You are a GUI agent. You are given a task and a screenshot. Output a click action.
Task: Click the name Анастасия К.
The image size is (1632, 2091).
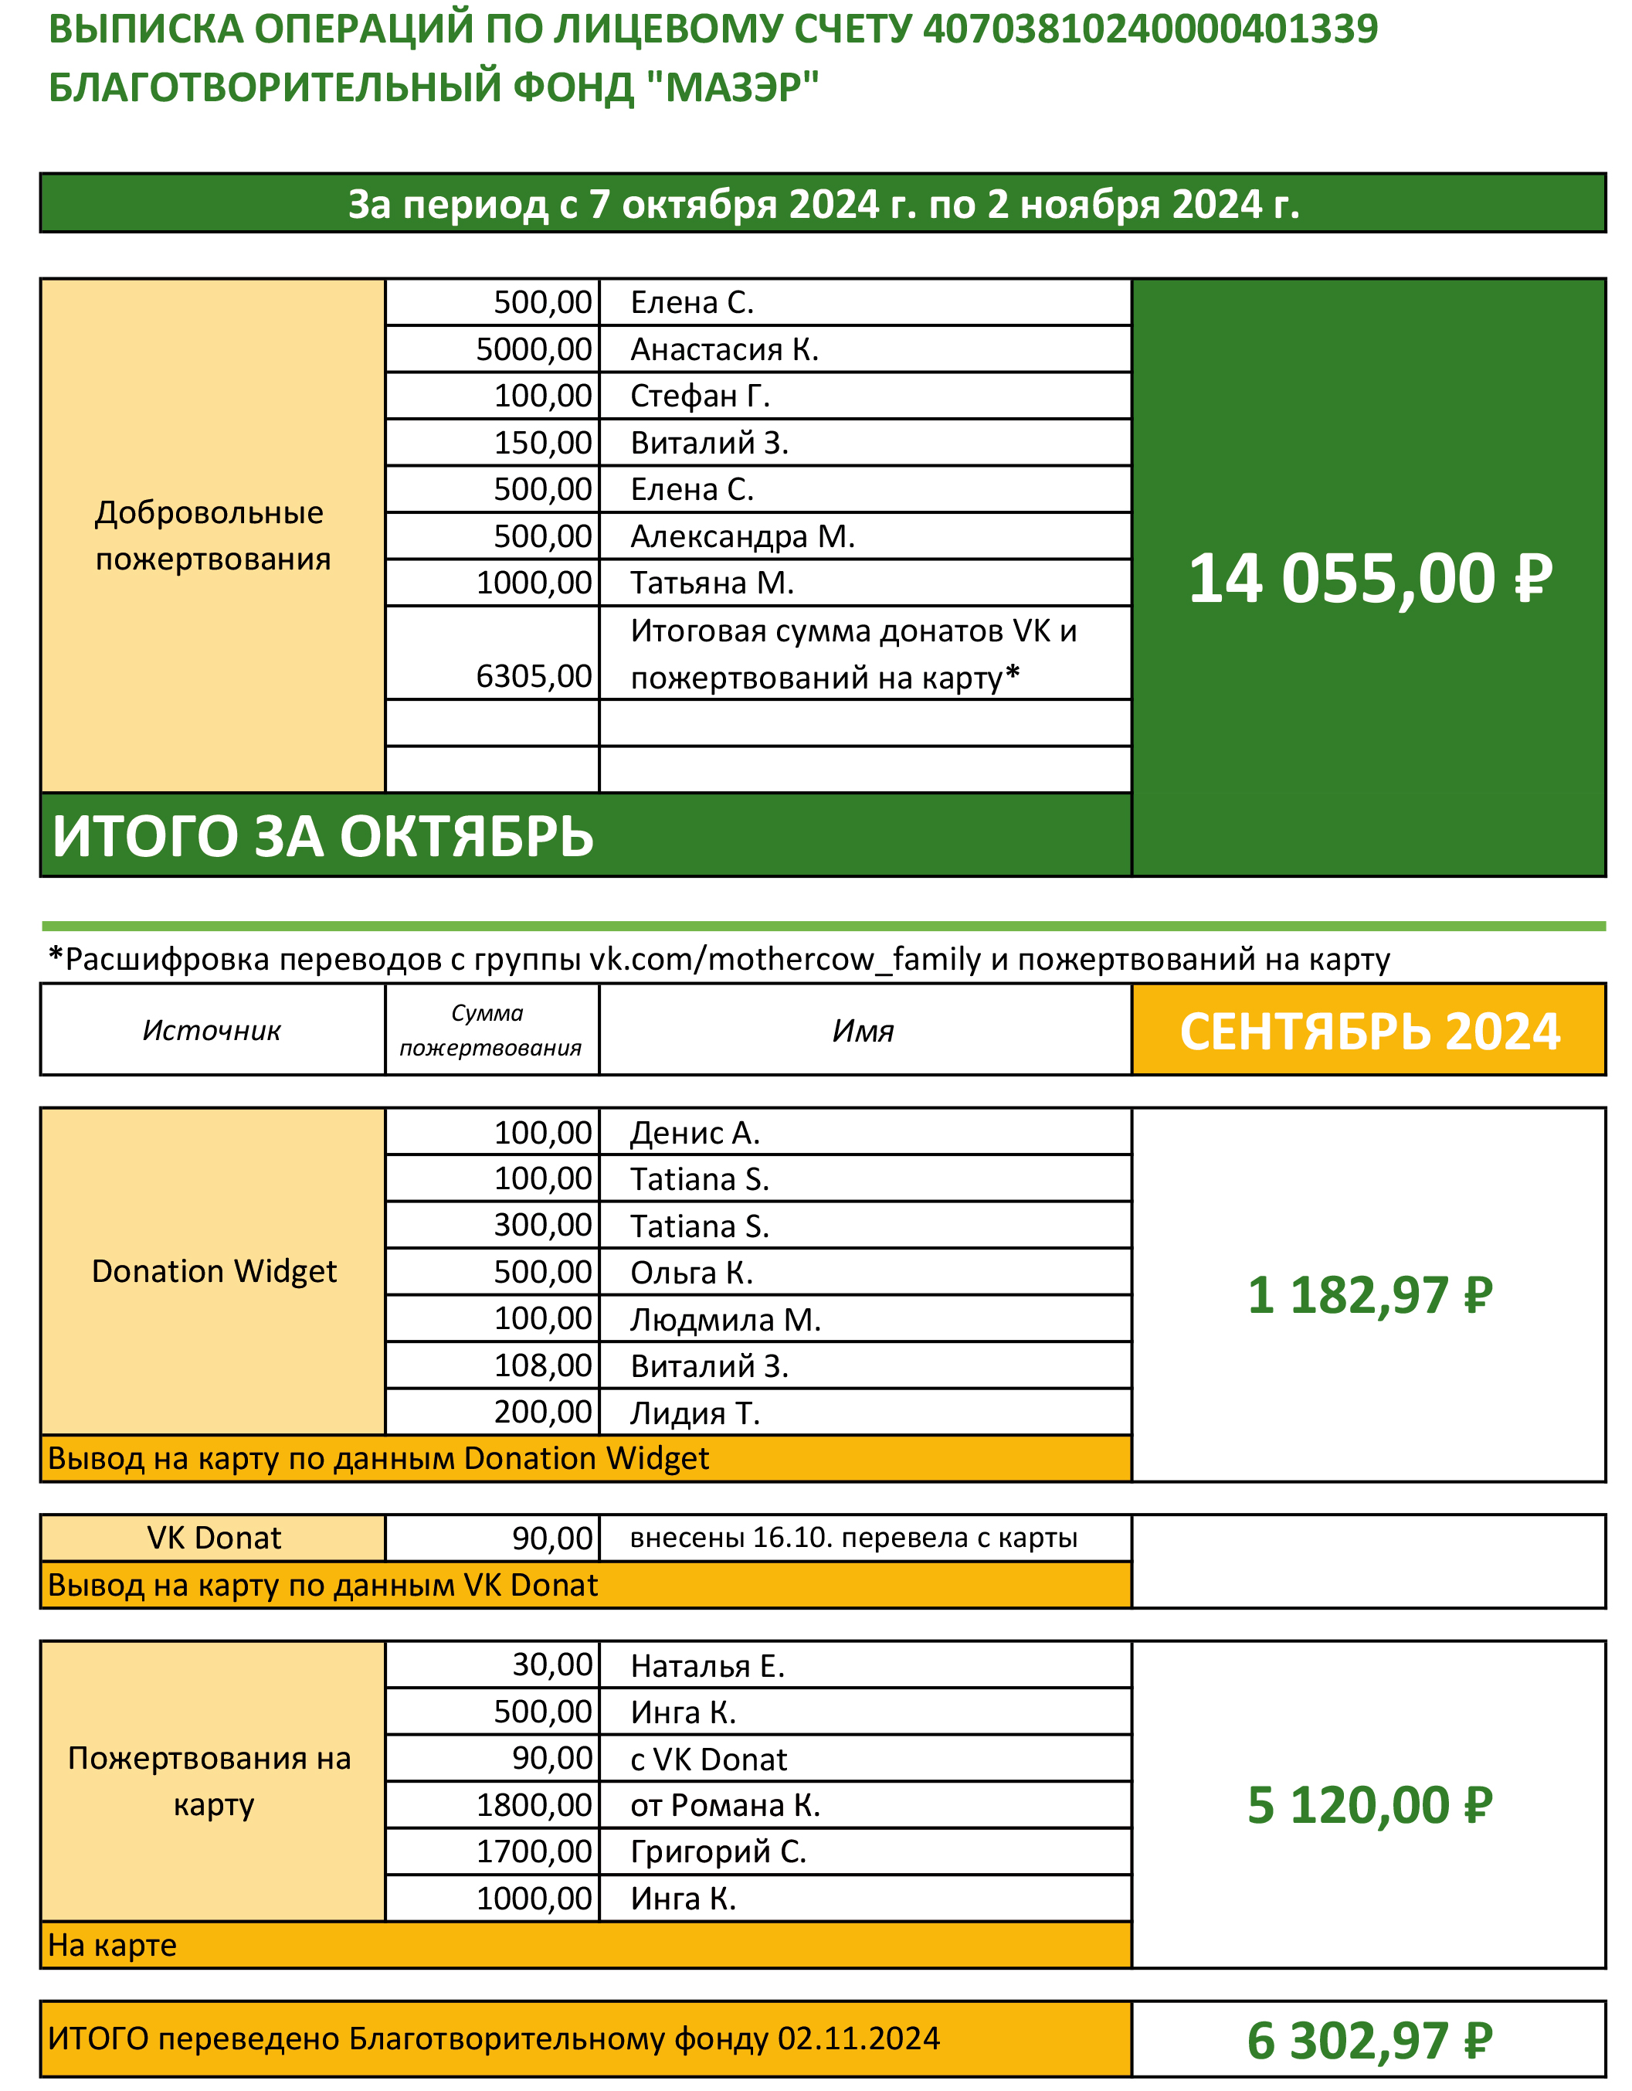click(724, 349)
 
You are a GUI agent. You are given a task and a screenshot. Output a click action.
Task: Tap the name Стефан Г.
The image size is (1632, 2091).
click(700, 396)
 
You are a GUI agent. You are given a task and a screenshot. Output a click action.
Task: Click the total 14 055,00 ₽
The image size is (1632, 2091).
click(1369, 580)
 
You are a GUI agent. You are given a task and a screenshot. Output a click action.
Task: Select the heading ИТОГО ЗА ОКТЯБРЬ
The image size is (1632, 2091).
click(323, 836)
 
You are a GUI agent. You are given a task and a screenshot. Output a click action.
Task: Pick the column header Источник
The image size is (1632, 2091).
click(212, 1030)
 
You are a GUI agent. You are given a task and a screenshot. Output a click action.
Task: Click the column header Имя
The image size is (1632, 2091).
click(864, 1030)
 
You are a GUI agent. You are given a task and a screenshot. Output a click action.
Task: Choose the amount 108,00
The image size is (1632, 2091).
click(543, 1366)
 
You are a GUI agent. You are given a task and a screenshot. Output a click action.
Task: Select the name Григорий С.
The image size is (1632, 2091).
click(718, 1852)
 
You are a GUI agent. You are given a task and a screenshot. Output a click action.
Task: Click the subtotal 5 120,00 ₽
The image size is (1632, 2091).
click(1369, 1806)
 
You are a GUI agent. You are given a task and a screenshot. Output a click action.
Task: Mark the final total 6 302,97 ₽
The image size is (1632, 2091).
click(1369, 2040)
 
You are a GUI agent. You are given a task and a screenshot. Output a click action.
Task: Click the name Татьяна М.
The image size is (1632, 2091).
click(712, 583)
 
